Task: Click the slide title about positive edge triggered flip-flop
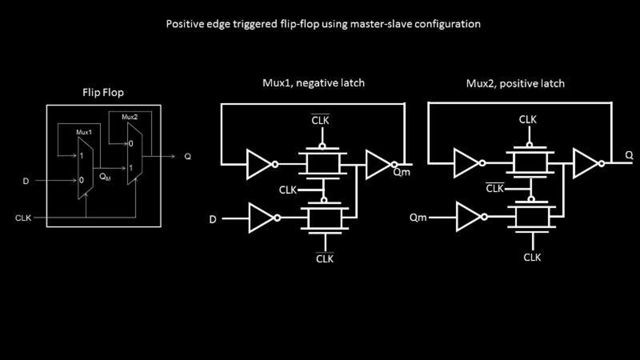click(x=323, y=24)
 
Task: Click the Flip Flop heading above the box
click(x=103, y=92)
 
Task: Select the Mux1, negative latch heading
click(x=313, y=83)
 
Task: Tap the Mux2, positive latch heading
click(x=515, y=83)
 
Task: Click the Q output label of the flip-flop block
click(x=187, y=156)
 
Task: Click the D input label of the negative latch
click(x=213, y=219)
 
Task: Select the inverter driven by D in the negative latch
click(x=261, y=218)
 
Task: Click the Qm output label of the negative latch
click(x=401, y=172)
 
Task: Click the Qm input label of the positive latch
click(x=418, y=217)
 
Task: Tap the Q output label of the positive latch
click(x=629, y=155)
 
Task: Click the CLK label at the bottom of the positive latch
click(x=532, y=257)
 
